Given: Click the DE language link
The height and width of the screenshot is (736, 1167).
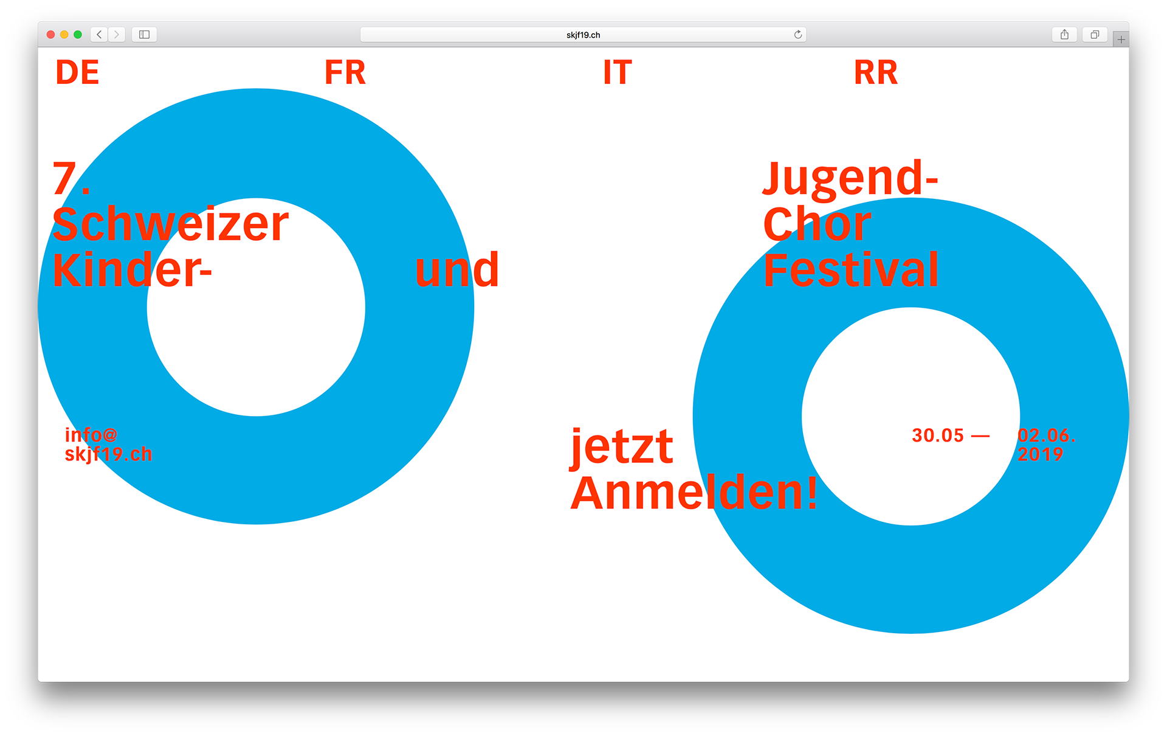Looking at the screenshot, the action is click(x=77, y=72).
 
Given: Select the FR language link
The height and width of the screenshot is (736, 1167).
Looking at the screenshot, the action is click(x=345, y=72).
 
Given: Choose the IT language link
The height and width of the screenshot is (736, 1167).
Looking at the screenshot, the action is click(x=618, y=72).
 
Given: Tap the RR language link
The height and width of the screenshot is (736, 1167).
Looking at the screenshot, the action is click(x=875, y=72).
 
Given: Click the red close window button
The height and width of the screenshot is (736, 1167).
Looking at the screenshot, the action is click(x=51, y=35).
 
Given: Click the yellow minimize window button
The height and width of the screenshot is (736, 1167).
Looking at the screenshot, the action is click(x=64, y=35).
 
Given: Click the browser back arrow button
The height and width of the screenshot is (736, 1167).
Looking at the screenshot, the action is click(x=99, y=35).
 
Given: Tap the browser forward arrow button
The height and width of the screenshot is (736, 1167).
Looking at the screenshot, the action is click(x=117, y=35).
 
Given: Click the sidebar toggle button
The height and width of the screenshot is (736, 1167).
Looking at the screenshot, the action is click(x=144, y=35).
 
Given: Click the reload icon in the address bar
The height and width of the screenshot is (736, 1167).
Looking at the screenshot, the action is click(x=798, y=35).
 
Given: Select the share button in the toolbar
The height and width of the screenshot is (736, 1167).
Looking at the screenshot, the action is click(x=1064, y=35).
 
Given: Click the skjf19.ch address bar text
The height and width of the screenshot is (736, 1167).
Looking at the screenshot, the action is click(x=583, y=35).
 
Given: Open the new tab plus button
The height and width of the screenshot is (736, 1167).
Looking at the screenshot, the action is click(x=1121, y=40).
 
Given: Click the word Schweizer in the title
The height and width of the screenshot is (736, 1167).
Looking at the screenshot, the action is click(x=170, y=224).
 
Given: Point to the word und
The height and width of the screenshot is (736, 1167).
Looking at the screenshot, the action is click(x=457, y=270).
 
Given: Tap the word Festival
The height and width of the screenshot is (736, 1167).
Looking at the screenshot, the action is click(x=851, y=270).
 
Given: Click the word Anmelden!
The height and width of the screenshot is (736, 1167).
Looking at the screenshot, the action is click(x=694, y=493).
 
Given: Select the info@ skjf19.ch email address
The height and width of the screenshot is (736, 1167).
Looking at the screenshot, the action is click(x=108, y=445).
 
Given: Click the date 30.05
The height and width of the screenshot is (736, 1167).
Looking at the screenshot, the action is click(x=938, y=436).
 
